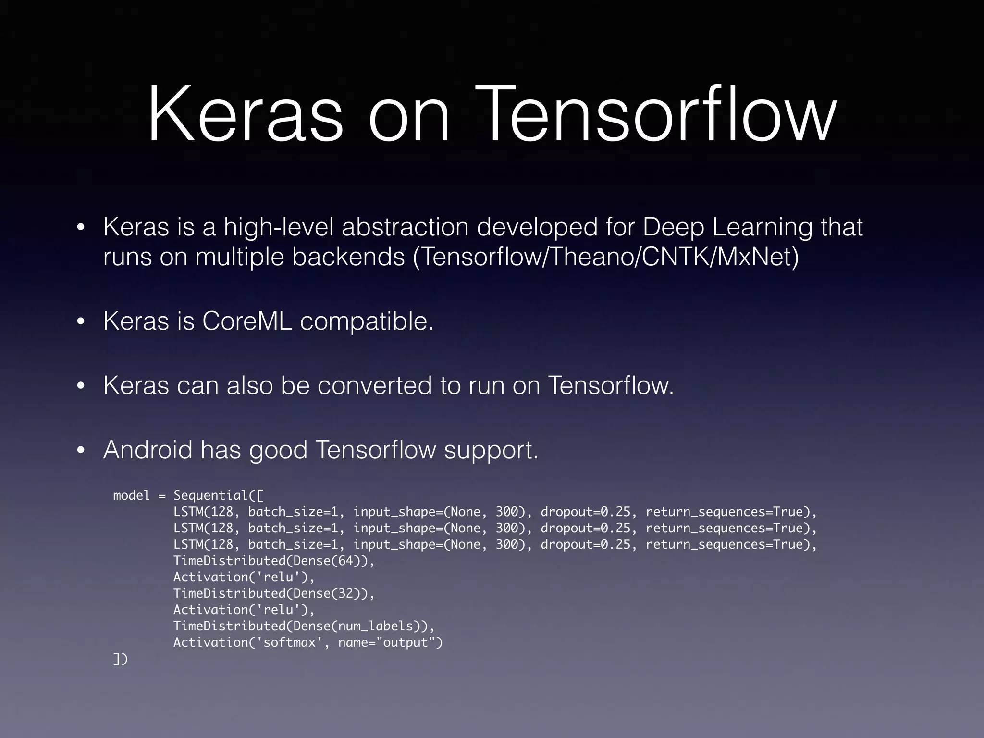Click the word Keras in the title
coord(245,115)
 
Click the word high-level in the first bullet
coord(279,227)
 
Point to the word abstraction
coord(405,227)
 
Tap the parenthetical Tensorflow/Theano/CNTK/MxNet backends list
coord(605,257)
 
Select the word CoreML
coord(247,321)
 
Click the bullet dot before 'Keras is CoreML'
coord(81,321)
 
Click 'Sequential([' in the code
coord(218,495)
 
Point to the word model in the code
coord(131,495)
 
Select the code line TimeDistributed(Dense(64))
coord(274,561)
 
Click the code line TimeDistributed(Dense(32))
coord(274,593)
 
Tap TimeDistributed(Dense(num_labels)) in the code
coord(304,626)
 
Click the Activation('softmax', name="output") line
coord(307,642)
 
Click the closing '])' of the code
coord(121,659)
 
